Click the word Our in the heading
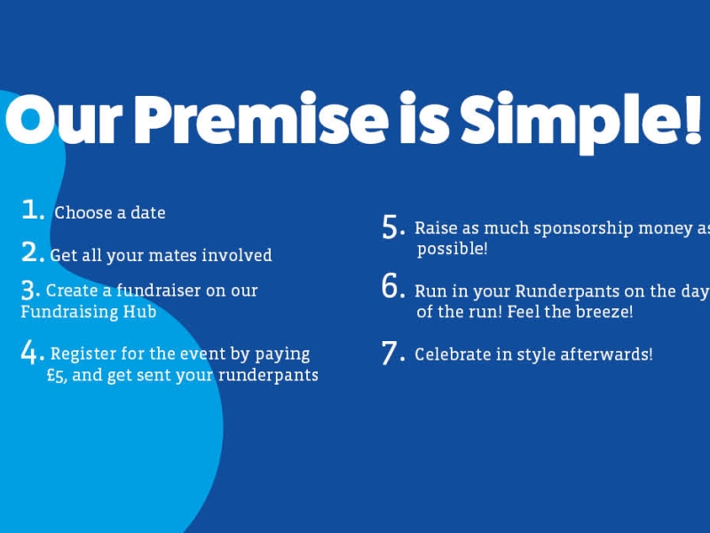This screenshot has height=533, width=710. (63, 119)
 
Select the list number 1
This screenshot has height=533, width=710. (33, 210)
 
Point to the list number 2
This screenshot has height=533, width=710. (33, 252)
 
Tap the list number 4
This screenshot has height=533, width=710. (33, 353)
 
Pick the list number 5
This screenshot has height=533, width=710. (393, 227)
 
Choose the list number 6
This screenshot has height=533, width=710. (393, 286)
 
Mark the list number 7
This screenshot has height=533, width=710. (393, 354)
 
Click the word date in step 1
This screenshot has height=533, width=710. (148, 212)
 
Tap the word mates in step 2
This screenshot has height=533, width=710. (172, 256)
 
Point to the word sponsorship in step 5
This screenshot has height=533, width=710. (583, 229)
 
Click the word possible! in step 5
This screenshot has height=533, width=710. (453, 250)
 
